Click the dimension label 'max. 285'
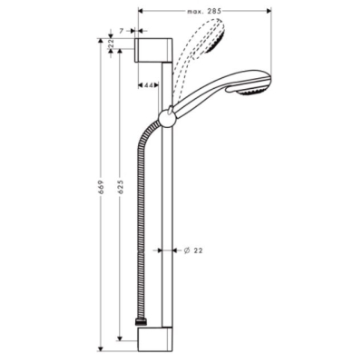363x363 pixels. point(204,12)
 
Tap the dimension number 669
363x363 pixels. point(102,188)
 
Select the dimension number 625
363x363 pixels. point(121,187)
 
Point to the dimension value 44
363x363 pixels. point(148,85)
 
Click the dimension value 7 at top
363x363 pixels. point(122,31)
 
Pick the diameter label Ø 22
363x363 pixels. point(193,250)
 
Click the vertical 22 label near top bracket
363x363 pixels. point(111,44)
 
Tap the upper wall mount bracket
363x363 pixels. point(153,50)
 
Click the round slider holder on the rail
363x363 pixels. point(166,118)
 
